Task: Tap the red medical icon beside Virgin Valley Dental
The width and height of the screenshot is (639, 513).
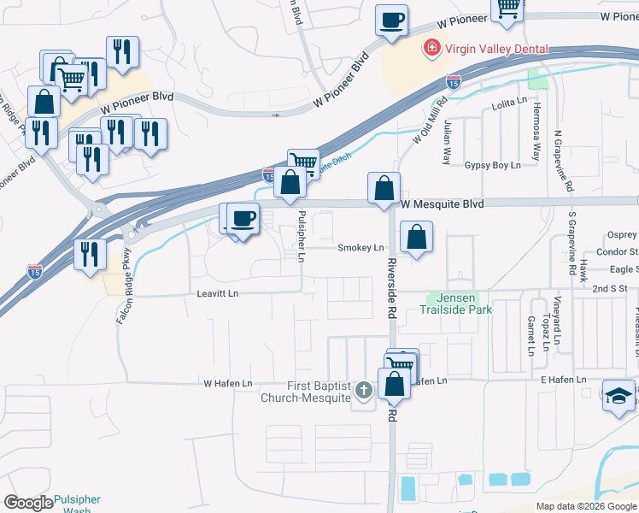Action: coord(432,47)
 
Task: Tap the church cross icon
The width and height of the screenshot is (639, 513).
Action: coord(365,392)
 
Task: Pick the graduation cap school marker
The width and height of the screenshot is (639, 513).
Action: coord(619,396)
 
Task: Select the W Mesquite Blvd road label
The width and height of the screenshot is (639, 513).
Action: coord(443,204)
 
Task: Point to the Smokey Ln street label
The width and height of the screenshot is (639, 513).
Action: coord(361,248)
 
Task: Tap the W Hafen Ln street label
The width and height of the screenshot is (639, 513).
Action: coord(227,383)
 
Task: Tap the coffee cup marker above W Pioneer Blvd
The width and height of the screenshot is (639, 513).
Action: coord(391,21)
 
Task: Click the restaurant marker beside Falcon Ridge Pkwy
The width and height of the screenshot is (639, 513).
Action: coord(90,255)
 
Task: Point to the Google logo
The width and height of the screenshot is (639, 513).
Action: coord(28,503)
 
